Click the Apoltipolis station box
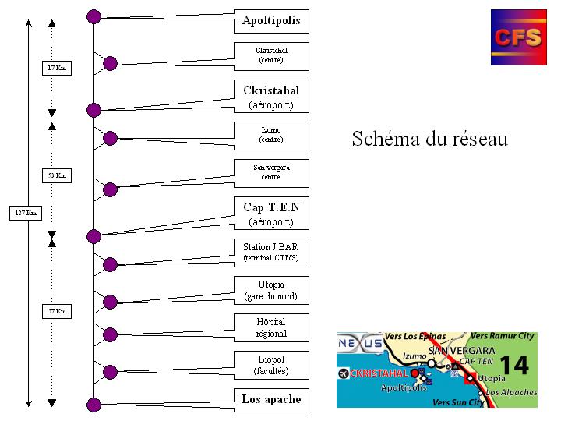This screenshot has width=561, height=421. tap(271, 21)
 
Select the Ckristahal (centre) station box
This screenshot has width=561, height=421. tap(271, 55)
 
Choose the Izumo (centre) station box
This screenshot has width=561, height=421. tap(271, 135)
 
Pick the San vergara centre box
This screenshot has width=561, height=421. tap(271, 172)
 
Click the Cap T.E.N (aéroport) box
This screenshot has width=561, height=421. tap(271, 214)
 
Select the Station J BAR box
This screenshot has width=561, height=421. tap(271, 252)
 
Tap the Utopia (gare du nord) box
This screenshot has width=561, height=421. tap(271, 290)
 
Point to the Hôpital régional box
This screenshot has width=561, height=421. tap(271, 327)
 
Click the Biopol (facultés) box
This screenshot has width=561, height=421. tap(271, 365)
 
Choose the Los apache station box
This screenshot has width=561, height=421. tap(271, 400)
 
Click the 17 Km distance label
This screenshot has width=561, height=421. tap(56, 69)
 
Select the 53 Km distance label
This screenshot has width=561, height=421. tap(56, 176)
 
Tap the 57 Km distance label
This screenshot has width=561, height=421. tap(56, 312)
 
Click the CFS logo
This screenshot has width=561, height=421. tap(518, 37)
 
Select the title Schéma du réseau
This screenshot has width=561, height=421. tap(429, 140)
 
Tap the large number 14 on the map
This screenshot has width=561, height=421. tap(513, 365)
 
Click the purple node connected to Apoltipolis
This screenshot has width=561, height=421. tap(93, 16)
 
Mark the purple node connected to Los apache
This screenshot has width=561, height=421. tap(93, 404)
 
